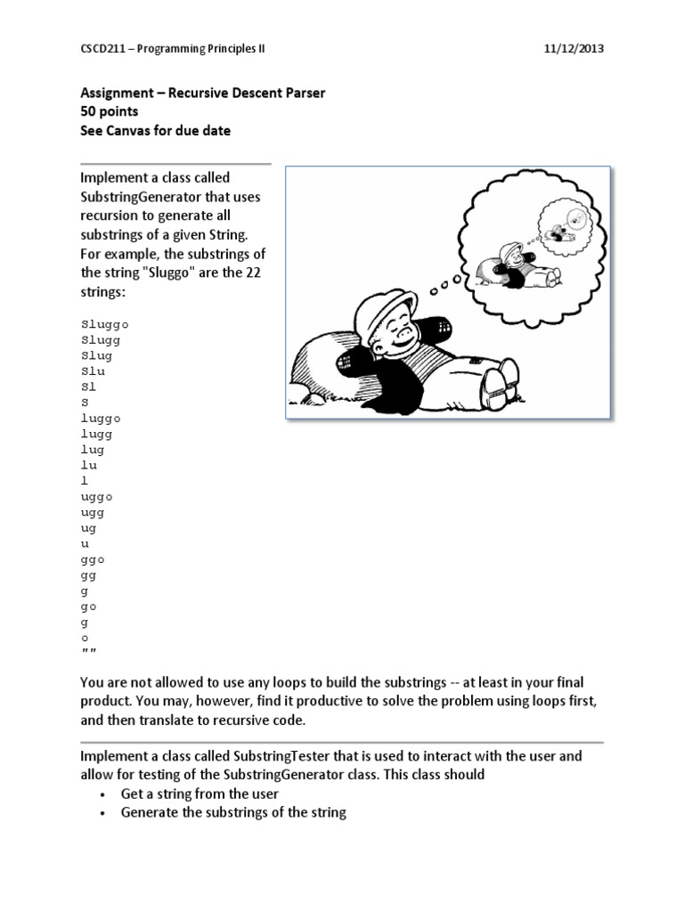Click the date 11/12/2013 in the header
(x=574, y=49)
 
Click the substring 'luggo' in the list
(x=101, y=418)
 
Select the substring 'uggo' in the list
(x=97, y=496)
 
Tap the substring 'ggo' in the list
(x=94, y=559)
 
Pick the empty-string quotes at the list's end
(x=89, y=655)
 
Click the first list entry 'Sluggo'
(x=105, y=324)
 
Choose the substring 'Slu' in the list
(x=93, y=371)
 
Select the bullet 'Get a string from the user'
(x=199, y=794)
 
